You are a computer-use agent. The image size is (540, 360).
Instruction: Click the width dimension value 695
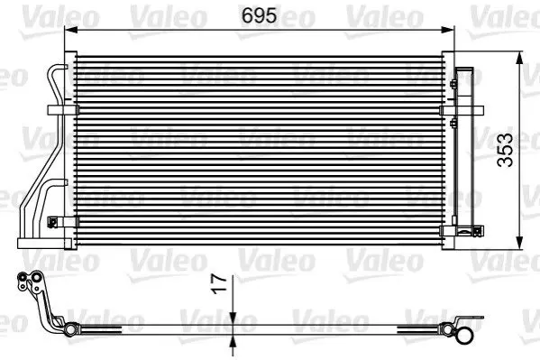(259, 15)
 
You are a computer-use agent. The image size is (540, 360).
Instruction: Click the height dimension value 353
(505, 150)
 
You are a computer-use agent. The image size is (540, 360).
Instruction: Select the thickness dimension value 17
(219, 284)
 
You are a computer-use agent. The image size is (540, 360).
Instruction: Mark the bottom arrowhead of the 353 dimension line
(520, 243)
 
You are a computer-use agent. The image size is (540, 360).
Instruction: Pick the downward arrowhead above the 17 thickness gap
(233, 318)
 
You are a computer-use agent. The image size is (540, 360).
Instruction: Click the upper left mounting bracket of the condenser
(63, 110)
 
